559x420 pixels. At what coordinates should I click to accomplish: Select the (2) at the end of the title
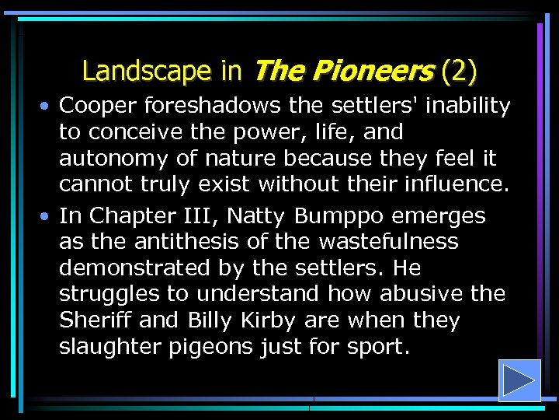pyautogui.click(x=458, y=72)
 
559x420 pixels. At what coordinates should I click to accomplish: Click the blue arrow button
pyautogui.click(x=519, y=380)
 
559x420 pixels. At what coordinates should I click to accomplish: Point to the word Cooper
pyautogui.click(x=99, y=106)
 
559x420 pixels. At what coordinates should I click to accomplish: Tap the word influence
pyautogui.click(x=460, y=185)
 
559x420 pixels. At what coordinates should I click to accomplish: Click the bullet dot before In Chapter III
pyautogui.click(x=47, y=216)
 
